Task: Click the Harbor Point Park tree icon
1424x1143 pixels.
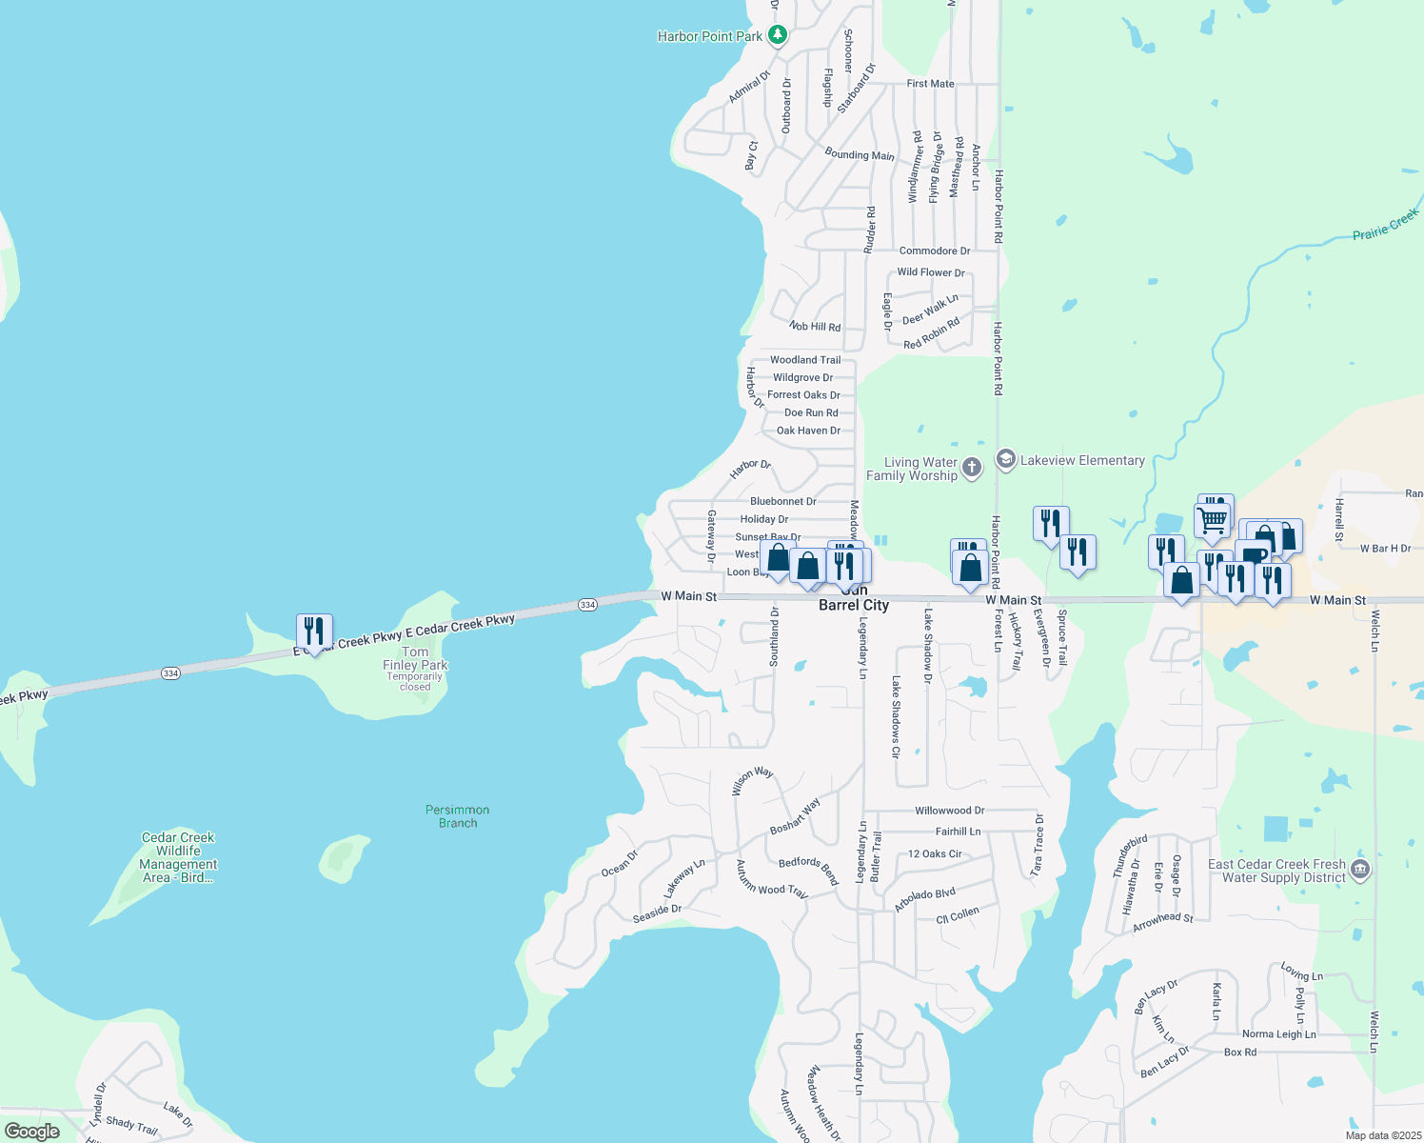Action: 779,35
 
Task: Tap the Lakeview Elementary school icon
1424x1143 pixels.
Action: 1005,460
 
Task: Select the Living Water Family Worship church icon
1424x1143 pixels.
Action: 971,468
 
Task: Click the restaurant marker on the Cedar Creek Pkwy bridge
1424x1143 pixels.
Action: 314,632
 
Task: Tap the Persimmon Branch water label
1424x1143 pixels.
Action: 458,816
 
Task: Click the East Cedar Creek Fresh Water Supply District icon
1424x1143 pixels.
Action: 1360,869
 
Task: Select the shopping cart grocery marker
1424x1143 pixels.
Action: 1212,520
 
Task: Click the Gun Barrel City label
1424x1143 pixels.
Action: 854,604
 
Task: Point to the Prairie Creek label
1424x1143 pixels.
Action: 1385,225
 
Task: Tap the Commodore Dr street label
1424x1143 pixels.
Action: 935,251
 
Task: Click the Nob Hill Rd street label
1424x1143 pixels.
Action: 815,327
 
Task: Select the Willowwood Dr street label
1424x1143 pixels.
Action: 949,811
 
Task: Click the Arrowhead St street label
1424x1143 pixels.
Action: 1162,922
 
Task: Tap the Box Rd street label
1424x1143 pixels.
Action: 1239,1053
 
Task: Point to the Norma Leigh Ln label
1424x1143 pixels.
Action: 1278,1034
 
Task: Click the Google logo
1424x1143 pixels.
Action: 32,1132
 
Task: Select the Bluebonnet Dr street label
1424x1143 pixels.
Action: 782,501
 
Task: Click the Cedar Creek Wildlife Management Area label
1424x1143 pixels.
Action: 178,857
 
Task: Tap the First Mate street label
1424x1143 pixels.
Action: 930,84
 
